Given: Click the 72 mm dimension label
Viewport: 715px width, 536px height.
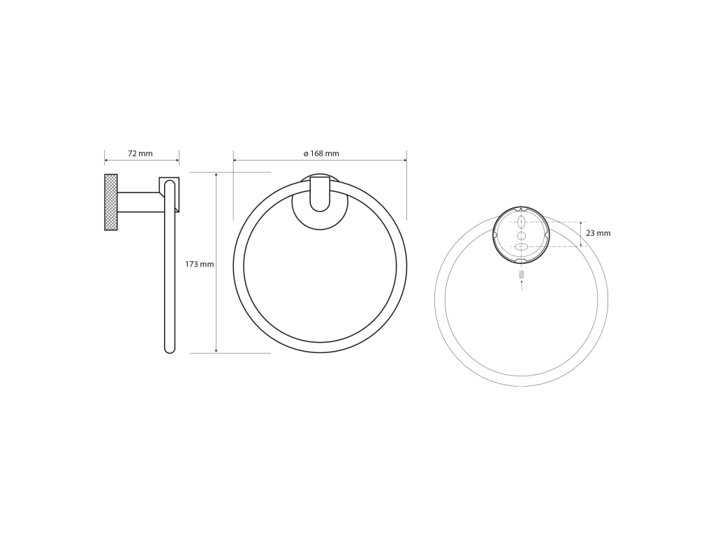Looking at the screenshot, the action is [x=140, y=154].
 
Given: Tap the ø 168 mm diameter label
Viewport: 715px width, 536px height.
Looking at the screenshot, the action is [x=321, y=154].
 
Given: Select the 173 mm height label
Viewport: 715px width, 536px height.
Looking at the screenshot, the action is [x=199, y=264].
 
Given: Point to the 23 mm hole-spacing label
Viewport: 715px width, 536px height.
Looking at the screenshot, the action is [x=598, y=233].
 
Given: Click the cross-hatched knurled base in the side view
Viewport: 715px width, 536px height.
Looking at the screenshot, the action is [x=111, y=202].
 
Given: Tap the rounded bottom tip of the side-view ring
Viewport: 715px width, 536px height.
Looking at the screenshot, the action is [x=170, y=350].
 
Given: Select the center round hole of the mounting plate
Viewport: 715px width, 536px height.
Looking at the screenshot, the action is [x=522, y=235].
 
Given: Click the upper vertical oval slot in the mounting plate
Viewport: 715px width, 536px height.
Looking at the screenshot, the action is [x=522, y=223].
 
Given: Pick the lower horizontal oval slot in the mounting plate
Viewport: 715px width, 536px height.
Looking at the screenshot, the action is [x=522, y=246].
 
